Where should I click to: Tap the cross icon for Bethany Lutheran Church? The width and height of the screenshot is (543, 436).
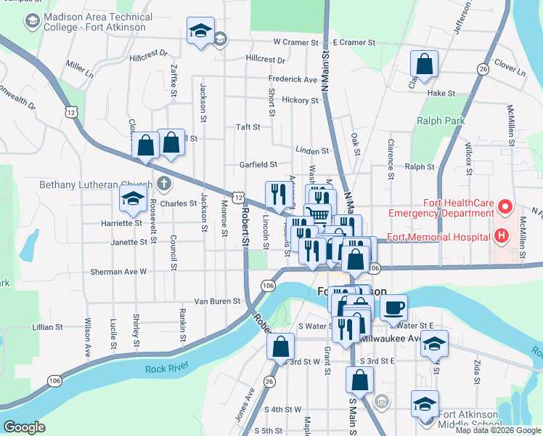click(164, 184)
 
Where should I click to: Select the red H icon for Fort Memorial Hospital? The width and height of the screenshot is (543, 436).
click(500, 236)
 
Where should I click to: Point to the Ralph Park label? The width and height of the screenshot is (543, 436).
click(441, 121)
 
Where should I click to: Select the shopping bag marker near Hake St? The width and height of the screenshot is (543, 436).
click(424, 65)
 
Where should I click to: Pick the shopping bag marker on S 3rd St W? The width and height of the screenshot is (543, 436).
click(280, 347)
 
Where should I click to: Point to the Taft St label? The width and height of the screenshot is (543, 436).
click(248, 127)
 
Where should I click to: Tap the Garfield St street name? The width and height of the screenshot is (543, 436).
click(259, 165)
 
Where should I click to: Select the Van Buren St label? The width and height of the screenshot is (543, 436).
click(216, 301)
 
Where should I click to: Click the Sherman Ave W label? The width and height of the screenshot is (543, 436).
click(118, 272)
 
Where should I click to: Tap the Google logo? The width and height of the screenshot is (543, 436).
click(24, 427)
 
